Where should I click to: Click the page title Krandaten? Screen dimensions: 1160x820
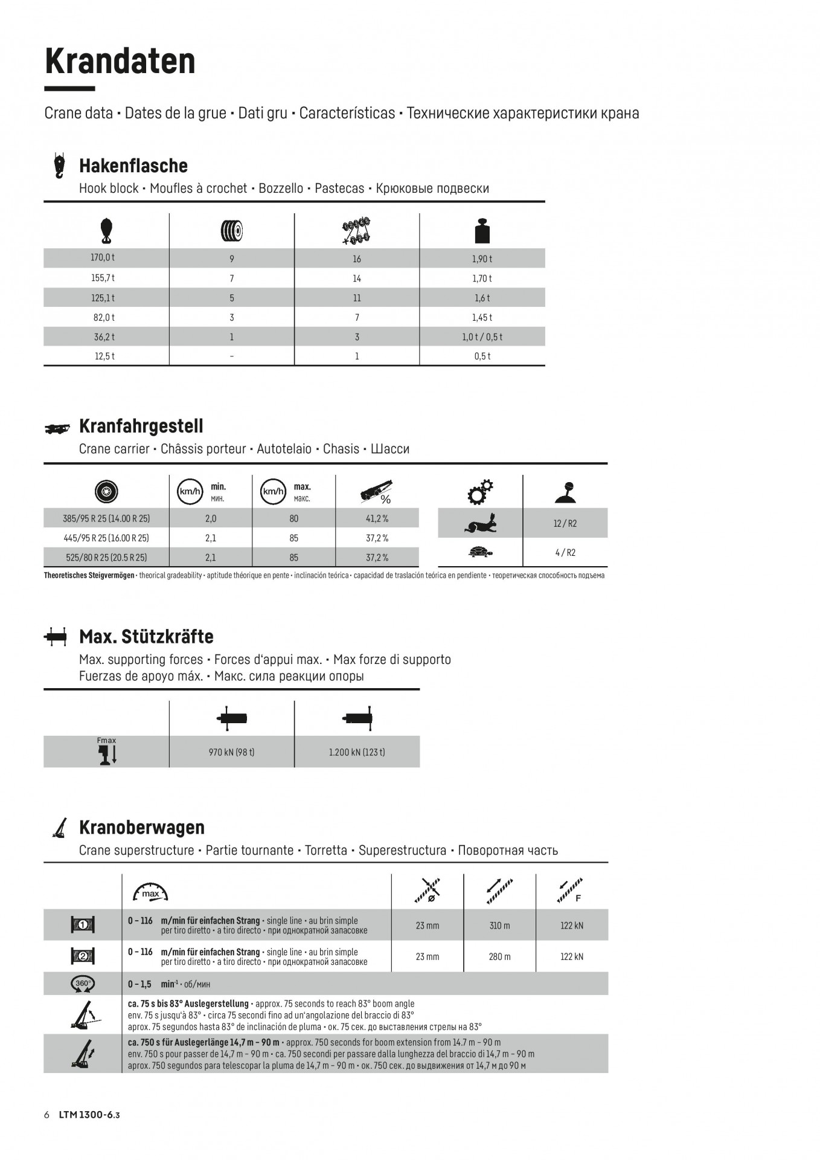120,62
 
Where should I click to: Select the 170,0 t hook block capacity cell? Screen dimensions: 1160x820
103,258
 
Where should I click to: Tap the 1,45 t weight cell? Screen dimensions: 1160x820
482,317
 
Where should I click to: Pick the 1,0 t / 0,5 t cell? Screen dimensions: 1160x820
482,337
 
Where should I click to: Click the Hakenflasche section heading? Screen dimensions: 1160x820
133,166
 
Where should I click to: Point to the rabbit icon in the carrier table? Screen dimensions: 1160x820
481,523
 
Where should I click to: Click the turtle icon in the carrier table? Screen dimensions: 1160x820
481,552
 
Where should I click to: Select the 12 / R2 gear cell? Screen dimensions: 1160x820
565,523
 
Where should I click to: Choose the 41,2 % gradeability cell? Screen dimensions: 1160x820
377,518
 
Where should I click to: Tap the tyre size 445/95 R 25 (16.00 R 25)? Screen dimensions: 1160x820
106,538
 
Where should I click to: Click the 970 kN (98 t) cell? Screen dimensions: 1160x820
231,752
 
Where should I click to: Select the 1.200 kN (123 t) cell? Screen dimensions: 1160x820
357,752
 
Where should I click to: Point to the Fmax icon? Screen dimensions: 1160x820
107,752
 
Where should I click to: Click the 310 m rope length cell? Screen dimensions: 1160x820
499,926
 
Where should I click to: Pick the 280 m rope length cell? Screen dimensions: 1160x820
499,956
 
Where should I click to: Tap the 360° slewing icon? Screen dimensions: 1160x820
83,984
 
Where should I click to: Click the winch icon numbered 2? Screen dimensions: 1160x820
83,956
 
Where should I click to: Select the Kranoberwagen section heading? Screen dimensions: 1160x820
142,827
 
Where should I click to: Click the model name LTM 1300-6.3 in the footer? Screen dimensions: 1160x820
89,1115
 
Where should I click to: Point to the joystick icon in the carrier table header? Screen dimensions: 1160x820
565,492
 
